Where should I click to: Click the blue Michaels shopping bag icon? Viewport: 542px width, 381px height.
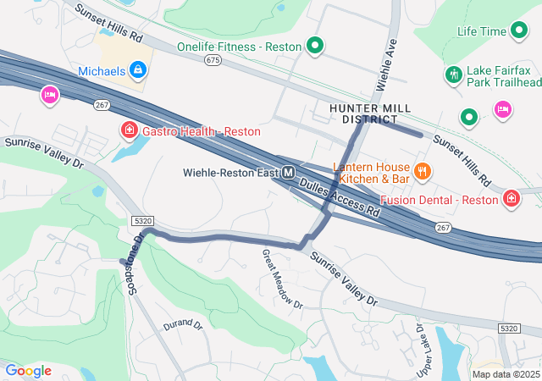point(136,70)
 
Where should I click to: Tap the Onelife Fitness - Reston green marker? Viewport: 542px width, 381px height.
point(315,46)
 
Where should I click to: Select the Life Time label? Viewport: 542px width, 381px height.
point(481,31)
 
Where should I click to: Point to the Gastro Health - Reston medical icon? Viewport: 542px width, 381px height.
point(129,130)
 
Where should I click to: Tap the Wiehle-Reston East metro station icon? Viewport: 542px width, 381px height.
point(289,173)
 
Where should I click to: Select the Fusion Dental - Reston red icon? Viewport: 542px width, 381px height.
point(512,200)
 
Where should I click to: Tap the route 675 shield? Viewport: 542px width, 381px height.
point(213,60)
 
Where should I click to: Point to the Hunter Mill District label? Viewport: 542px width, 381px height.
point(369,113)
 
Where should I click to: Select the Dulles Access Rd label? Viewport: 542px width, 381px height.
point(343,194)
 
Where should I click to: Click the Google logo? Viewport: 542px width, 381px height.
point(28,371)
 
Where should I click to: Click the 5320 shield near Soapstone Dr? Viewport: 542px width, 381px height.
point(142,220)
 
